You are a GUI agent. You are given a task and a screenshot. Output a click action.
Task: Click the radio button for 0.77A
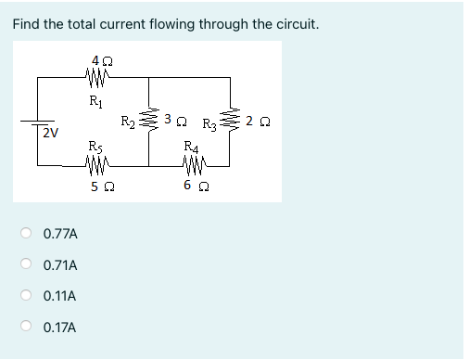(x=29, y=233)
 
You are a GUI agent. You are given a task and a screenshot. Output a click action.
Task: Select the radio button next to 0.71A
(x=29, y=264)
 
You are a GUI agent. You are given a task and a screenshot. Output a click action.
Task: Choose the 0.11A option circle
(x=29, y=296)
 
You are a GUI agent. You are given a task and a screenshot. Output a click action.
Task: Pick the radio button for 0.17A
(x=29, y=328)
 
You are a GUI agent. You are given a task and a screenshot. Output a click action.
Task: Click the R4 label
(x=190, y=145)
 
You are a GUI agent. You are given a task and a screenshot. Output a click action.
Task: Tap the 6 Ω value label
(x=190, y=187)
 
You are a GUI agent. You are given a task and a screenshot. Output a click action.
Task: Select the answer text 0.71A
(x=60, y=264)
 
